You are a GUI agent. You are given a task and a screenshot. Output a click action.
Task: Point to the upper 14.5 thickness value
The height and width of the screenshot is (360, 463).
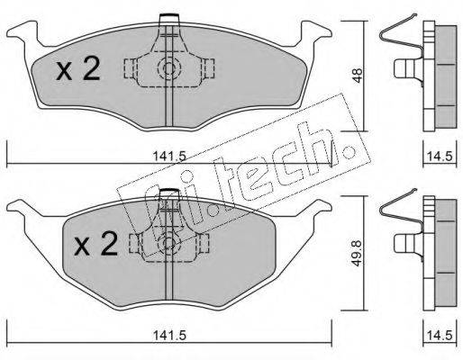[x=439, y=156]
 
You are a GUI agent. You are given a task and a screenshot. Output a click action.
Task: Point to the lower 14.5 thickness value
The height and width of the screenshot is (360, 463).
[x=439, y=330]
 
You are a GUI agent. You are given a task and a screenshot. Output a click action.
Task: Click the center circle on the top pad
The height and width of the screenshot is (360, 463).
[x=168, y=68]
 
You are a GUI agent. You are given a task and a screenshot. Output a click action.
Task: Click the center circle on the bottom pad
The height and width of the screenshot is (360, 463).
[x=168, y=242]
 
